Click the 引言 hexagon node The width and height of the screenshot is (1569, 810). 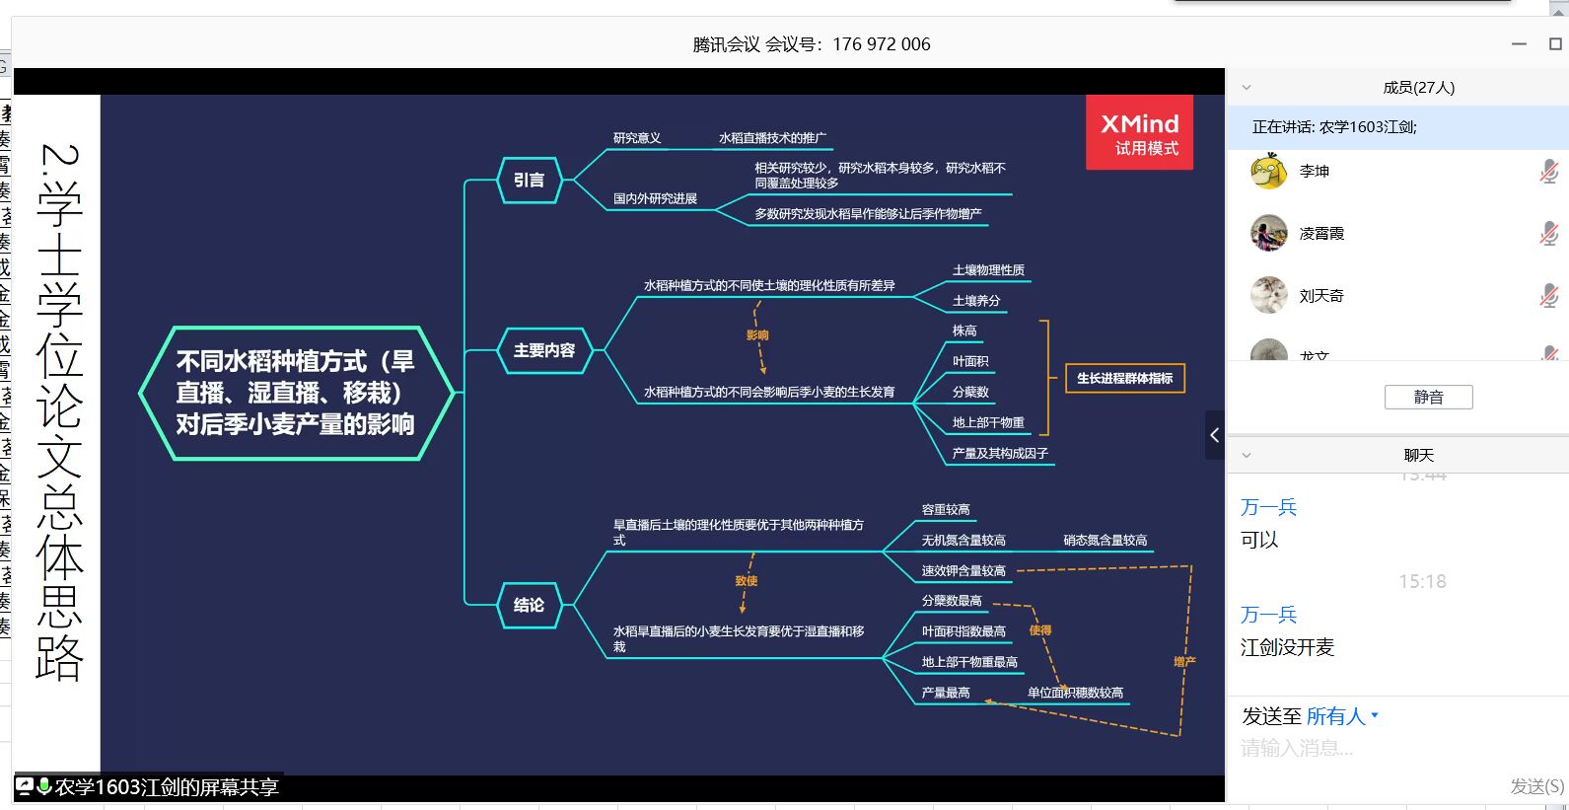pos(530,181)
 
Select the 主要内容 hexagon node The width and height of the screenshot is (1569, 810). pos(543,350)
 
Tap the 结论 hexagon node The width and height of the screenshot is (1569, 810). pos(529,605)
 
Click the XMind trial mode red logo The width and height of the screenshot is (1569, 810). pos(1139,133)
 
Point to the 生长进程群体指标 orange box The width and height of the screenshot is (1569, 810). pos(1124,379)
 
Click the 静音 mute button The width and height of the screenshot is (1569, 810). pos(1428,397)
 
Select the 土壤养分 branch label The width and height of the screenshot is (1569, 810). pos(975,301)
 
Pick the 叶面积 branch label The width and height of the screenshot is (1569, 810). pos(969,362)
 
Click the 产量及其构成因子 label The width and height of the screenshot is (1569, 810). pos(999,454)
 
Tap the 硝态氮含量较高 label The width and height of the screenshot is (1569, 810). pos(1105,541)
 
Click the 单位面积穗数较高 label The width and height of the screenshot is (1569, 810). pos(1075,693)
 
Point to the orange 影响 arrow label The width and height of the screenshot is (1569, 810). pos(756,335)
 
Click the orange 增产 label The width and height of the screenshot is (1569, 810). pos(1183,662)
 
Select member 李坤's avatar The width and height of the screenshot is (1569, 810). pos(1268,172)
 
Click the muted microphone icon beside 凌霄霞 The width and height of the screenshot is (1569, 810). pos(1548,234)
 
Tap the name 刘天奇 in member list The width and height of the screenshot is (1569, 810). pos(1320,296)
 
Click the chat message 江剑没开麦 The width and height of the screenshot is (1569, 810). pos(1287,648)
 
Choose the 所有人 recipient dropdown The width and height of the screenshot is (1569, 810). pos(1341,716)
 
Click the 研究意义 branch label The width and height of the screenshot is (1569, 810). pos(636,138)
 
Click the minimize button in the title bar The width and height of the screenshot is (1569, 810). pos(1519,44)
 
